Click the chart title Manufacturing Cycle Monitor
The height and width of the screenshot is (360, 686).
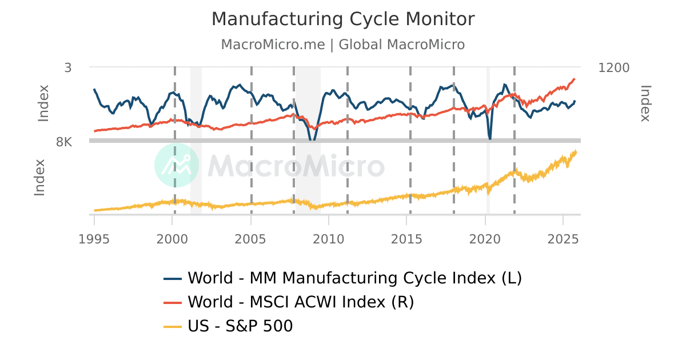pos(343,19)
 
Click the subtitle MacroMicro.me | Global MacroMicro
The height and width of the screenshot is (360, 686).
pos(343,45)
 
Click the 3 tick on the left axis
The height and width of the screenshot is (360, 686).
pos(68,67)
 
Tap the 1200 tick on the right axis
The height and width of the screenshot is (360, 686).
pos(613,67)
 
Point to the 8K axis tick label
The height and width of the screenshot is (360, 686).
pos(64,142)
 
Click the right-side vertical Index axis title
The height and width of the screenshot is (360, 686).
pos(645,103)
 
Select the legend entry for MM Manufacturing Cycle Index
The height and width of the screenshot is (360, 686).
pos(354,278)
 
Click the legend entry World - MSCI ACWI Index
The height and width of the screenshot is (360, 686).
pos(301,302)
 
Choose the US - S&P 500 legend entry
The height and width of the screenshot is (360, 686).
pos(240,326)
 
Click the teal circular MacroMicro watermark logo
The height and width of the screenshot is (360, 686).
pos(177,165)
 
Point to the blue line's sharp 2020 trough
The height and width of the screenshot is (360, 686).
pos(490,138)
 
